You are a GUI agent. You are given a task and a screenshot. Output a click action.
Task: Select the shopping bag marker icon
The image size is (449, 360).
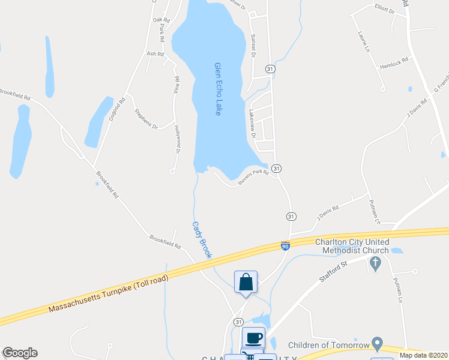pyautogui.click(x=246, y=282)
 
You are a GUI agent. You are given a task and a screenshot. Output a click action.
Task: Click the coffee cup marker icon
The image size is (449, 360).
pyautogui.click(x=253, y=338)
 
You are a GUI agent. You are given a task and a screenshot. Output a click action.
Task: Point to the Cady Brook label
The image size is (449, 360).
pyautogui.click(x=202, y=240)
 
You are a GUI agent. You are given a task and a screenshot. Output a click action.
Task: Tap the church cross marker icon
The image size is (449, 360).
pyautogui.click(x=376, y=263)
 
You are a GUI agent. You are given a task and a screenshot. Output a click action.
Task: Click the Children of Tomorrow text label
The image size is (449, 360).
pyautogui.click(x=328, y=345)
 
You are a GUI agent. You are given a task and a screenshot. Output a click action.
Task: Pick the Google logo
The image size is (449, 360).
pyautogui.click(x=20, y=353)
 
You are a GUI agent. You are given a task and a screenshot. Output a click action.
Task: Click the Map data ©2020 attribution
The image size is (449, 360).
pyautogui.click(x=423, y=355)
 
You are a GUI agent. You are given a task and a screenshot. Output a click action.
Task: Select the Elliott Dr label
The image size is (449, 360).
pyautogui.click(x=384, y=10)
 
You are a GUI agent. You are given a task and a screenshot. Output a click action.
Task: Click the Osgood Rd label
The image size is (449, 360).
pyautogui.click(x=116, y=110)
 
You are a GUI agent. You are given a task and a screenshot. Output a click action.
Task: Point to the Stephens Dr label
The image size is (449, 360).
pyautogui.click(x=146, y=118)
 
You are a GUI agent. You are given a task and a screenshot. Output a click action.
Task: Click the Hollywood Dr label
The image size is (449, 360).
pyautogui.click(x=178, y=140)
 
